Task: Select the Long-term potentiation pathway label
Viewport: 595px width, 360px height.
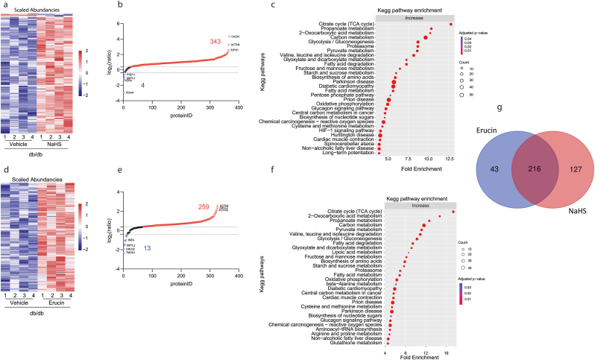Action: tap(350, 153)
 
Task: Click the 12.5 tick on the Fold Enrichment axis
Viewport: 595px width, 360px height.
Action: tap(450, 160)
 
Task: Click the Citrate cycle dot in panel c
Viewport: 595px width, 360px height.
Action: tap(451, 25)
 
